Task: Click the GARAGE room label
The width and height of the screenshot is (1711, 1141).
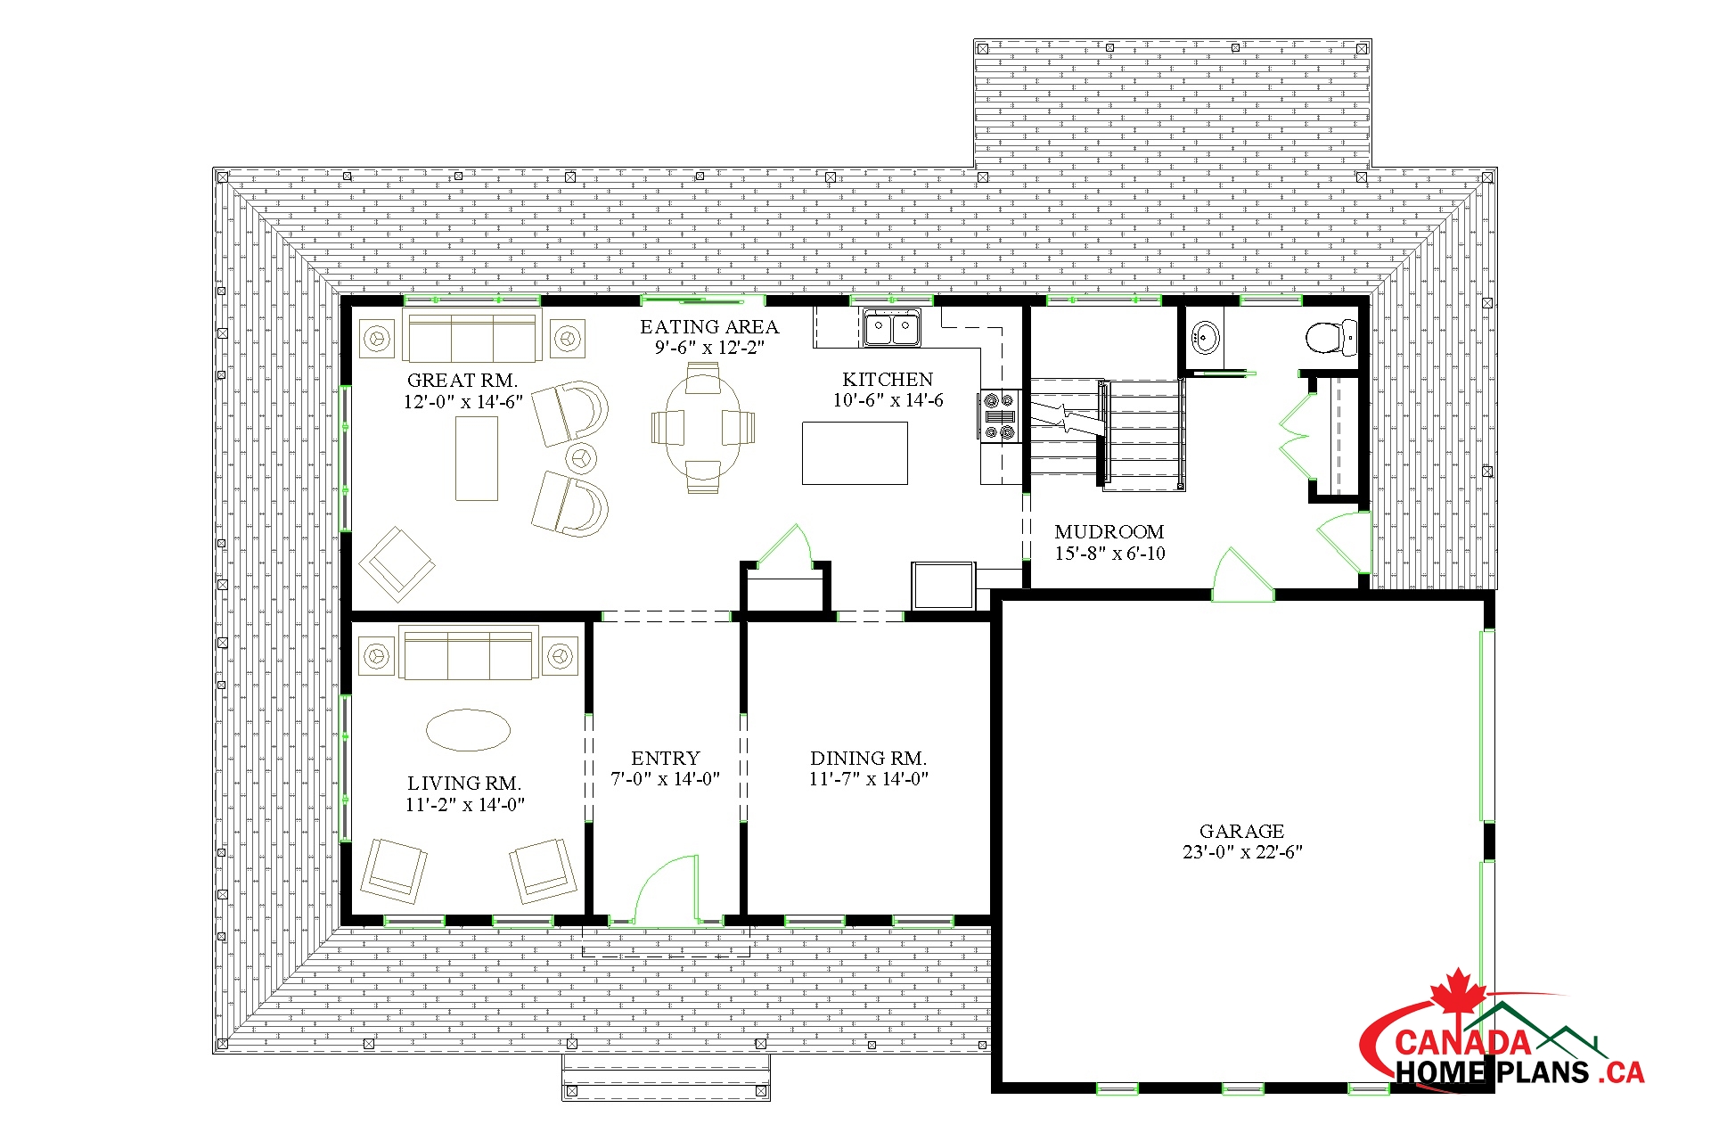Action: (x=1241, y=831)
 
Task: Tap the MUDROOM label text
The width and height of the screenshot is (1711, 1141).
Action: (x=1109, y=532)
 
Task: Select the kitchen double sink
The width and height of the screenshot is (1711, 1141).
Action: (x=891, y=328)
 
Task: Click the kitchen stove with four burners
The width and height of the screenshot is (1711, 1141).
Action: (x=999, y=416)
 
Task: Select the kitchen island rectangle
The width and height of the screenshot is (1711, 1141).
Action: (x=855, y=453)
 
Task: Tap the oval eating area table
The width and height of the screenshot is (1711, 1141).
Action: (x=703, y=427)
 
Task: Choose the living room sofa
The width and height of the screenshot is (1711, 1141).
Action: (x=469, y=654)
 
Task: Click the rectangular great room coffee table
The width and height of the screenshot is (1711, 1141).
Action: (x=477, y=458)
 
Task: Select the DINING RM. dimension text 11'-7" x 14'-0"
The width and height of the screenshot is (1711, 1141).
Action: (x=869, y=779)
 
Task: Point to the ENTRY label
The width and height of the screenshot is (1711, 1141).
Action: (x=665, y=759)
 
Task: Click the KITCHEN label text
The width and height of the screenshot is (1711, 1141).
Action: (x=888, y=380)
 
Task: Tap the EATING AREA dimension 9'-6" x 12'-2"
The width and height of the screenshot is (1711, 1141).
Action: (x=709, y=348)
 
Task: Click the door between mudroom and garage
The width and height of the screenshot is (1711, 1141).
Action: (x=1243, y=576)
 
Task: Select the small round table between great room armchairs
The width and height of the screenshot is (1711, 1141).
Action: (x=581, y=458)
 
